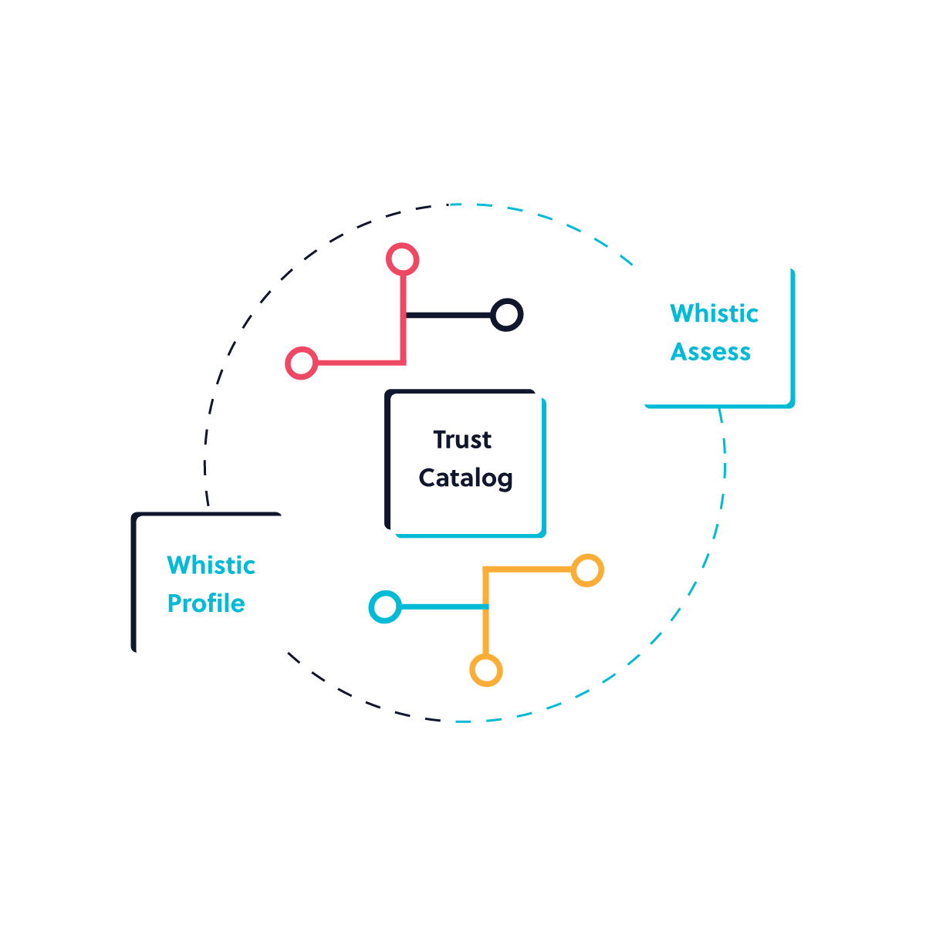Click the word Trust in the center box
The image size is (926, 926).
(461, 440)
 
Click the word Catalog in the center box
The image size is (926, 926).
(465, 478)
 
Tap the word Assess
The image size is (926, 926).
(710, 352)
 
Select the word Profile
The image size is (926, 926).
(206, 603)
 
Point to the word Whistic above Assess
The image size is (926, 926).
(714, 313)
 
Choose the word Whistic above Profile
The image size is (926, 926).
(211, 566)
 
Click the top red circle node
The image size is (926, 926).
(402, 259)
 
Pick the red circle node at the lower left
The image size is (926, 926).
(301, 363)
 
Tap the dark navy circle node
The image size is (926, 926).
(506, 315)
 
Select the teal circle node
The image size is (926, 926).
(384, 607)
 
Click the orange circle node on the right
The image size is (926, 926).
(587, 571)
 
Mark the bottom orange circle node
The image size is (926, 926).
(485, 671)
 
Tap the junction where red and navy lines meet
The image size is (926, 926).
(404, 315)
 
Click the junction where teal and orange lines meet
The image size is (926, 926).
(485, 607)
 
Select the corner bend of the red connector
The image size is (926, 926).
(403, 362)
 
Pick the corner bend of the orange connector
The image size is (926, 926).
(485, 571)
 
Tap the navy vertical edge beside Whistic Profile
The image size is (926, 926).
(133, 583)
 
